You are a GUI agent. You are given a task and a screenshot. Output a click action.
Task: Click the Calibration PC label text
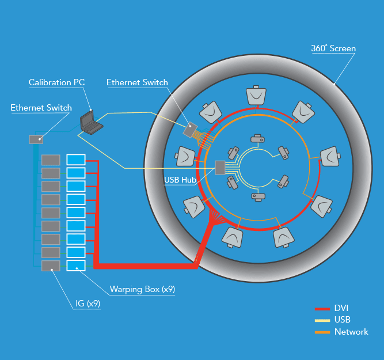[x=56, y=82]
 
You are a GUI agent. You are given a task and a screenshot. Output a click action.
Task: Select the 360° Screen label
[x=333, y=49]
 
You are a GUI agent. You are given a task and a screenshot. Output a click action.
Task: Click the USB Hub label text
[x=179, y=180]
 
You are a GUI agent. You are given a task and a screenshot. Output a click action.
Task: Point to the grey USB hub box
[x=220, y=168]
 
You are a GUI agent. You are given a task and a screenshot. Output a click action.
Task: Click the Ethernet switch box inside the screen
[x=190, y=130]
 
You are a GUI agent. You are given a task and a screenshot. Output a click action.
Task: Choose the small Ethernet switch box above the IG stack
[x=36, y=139]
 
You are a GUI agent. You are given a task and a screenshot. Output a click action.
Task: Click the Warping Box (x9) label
[x=142, y=289]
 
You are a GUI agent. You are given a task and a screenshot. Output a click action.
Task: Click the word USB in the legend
[x=343, y=320]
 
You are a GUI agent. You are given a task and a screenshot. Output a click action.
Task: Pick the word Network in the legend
[x=351, y=332]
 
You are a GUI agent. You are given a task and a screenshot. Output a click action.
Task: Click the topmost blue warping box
[x=76, y=160]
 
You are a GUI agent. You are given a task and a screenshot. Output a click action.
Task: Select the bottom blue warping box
[x=76, y=266]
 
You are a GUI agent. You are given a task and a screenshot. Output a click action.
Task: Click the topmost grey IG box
[x=51, y=160]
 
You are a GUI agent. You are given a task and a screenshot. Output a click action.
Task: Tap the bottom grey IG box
[x=51, y=266]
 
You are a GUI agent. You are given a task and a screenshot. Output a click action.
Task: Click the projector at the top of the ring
[x=257, y=94]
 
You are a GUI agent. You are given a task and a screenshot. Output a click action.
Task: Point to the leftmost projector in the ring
[x=185, y=157]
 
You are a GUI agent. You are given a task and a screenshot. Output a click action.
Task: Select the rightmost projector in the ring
[x=329, y=157]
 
